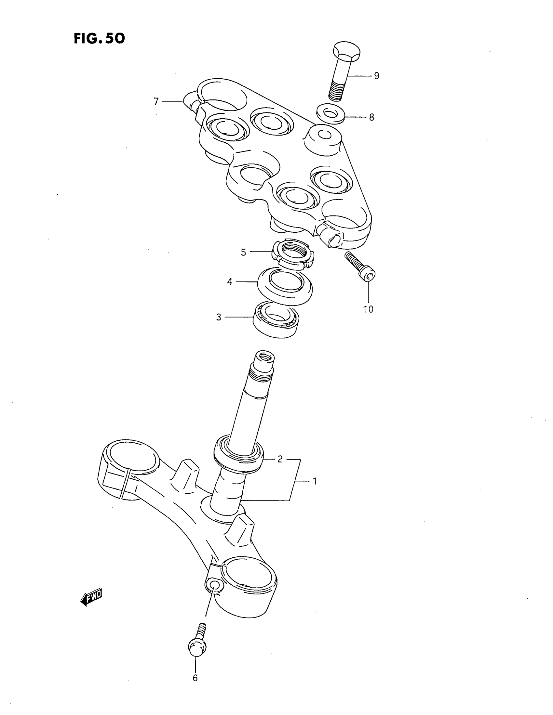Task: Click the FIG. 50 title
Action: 99,38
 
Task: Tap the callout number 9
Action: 376,76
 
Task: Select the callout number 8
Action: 371,117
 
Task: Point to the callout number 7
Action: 156,101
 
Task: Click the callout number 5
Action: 243,253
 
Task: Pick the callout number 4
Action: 230,281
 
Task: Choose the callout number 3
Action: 219,317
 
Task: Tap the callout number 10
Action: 368,309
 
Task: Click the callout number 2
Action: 280,459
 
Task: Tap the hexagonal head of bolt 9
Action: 347,52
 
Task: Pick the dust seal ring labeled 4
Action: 285,285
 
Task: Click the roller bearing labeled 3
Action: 276,319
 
